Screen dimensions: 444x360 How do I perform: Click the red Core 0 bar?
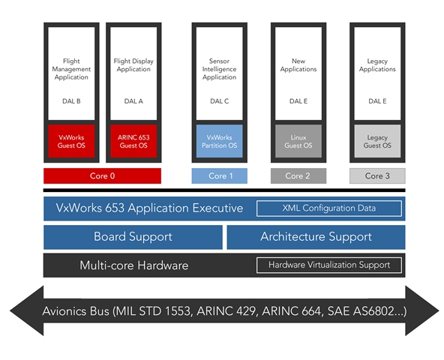[102, 176]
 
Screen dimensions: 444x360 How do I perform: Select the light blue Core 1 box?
[220, 176]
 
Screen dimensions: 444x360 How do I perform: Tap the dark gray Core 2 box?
[298, 176]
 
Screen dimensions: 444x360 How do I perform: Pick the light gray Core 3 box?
[377, 176]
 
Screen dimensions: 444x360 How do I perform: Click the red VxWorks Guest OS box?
[71, 141]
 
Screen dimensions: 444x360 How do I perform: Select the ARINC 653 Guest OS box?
[133, 141]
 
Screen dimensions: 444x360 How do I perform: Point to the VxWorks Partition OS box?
[220, 141]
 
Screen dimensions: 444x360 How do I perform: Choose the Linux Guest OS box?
[298, 141]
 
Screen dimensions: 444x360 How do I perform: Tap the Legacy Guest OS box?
[377, 141]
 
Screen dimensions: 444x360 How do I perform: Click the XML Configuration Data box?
[329, 208]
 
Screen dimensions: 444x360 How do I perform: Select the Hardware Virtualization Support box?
[329, 265]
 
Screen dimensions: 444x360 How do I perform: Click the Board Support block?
[133, 237]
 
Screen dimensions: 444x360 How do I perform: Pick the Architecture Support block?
[316, 237]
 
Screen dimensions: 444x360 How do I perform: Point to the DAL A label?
[133, 101]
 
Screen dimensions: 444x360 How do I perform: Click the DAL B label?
[71, 101]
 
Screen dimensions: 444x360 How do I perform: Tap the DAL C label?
[220, 101]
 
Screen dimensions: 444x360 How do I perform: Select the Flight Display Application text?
[133, 65]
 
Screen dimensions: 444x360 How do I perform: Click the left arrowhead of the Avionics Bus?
[27, 310]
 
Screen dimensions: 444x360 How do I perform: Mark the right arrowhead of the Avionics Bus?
[422, 310]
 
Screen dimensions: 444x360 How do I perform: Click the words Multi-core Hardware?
[134, 265]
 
